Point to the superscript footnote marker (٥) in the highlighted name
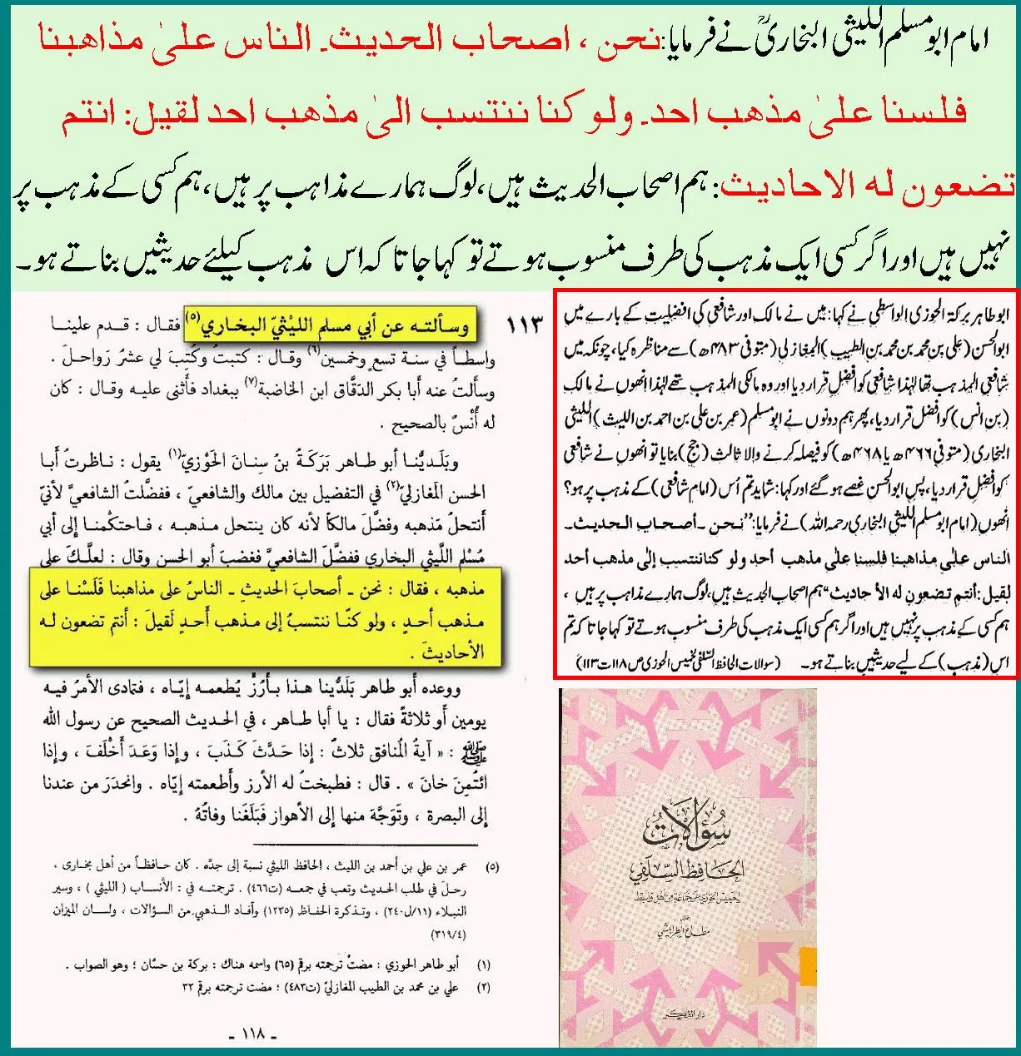pos(193,316)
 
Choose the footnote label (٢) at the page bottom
pos(483,987)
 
